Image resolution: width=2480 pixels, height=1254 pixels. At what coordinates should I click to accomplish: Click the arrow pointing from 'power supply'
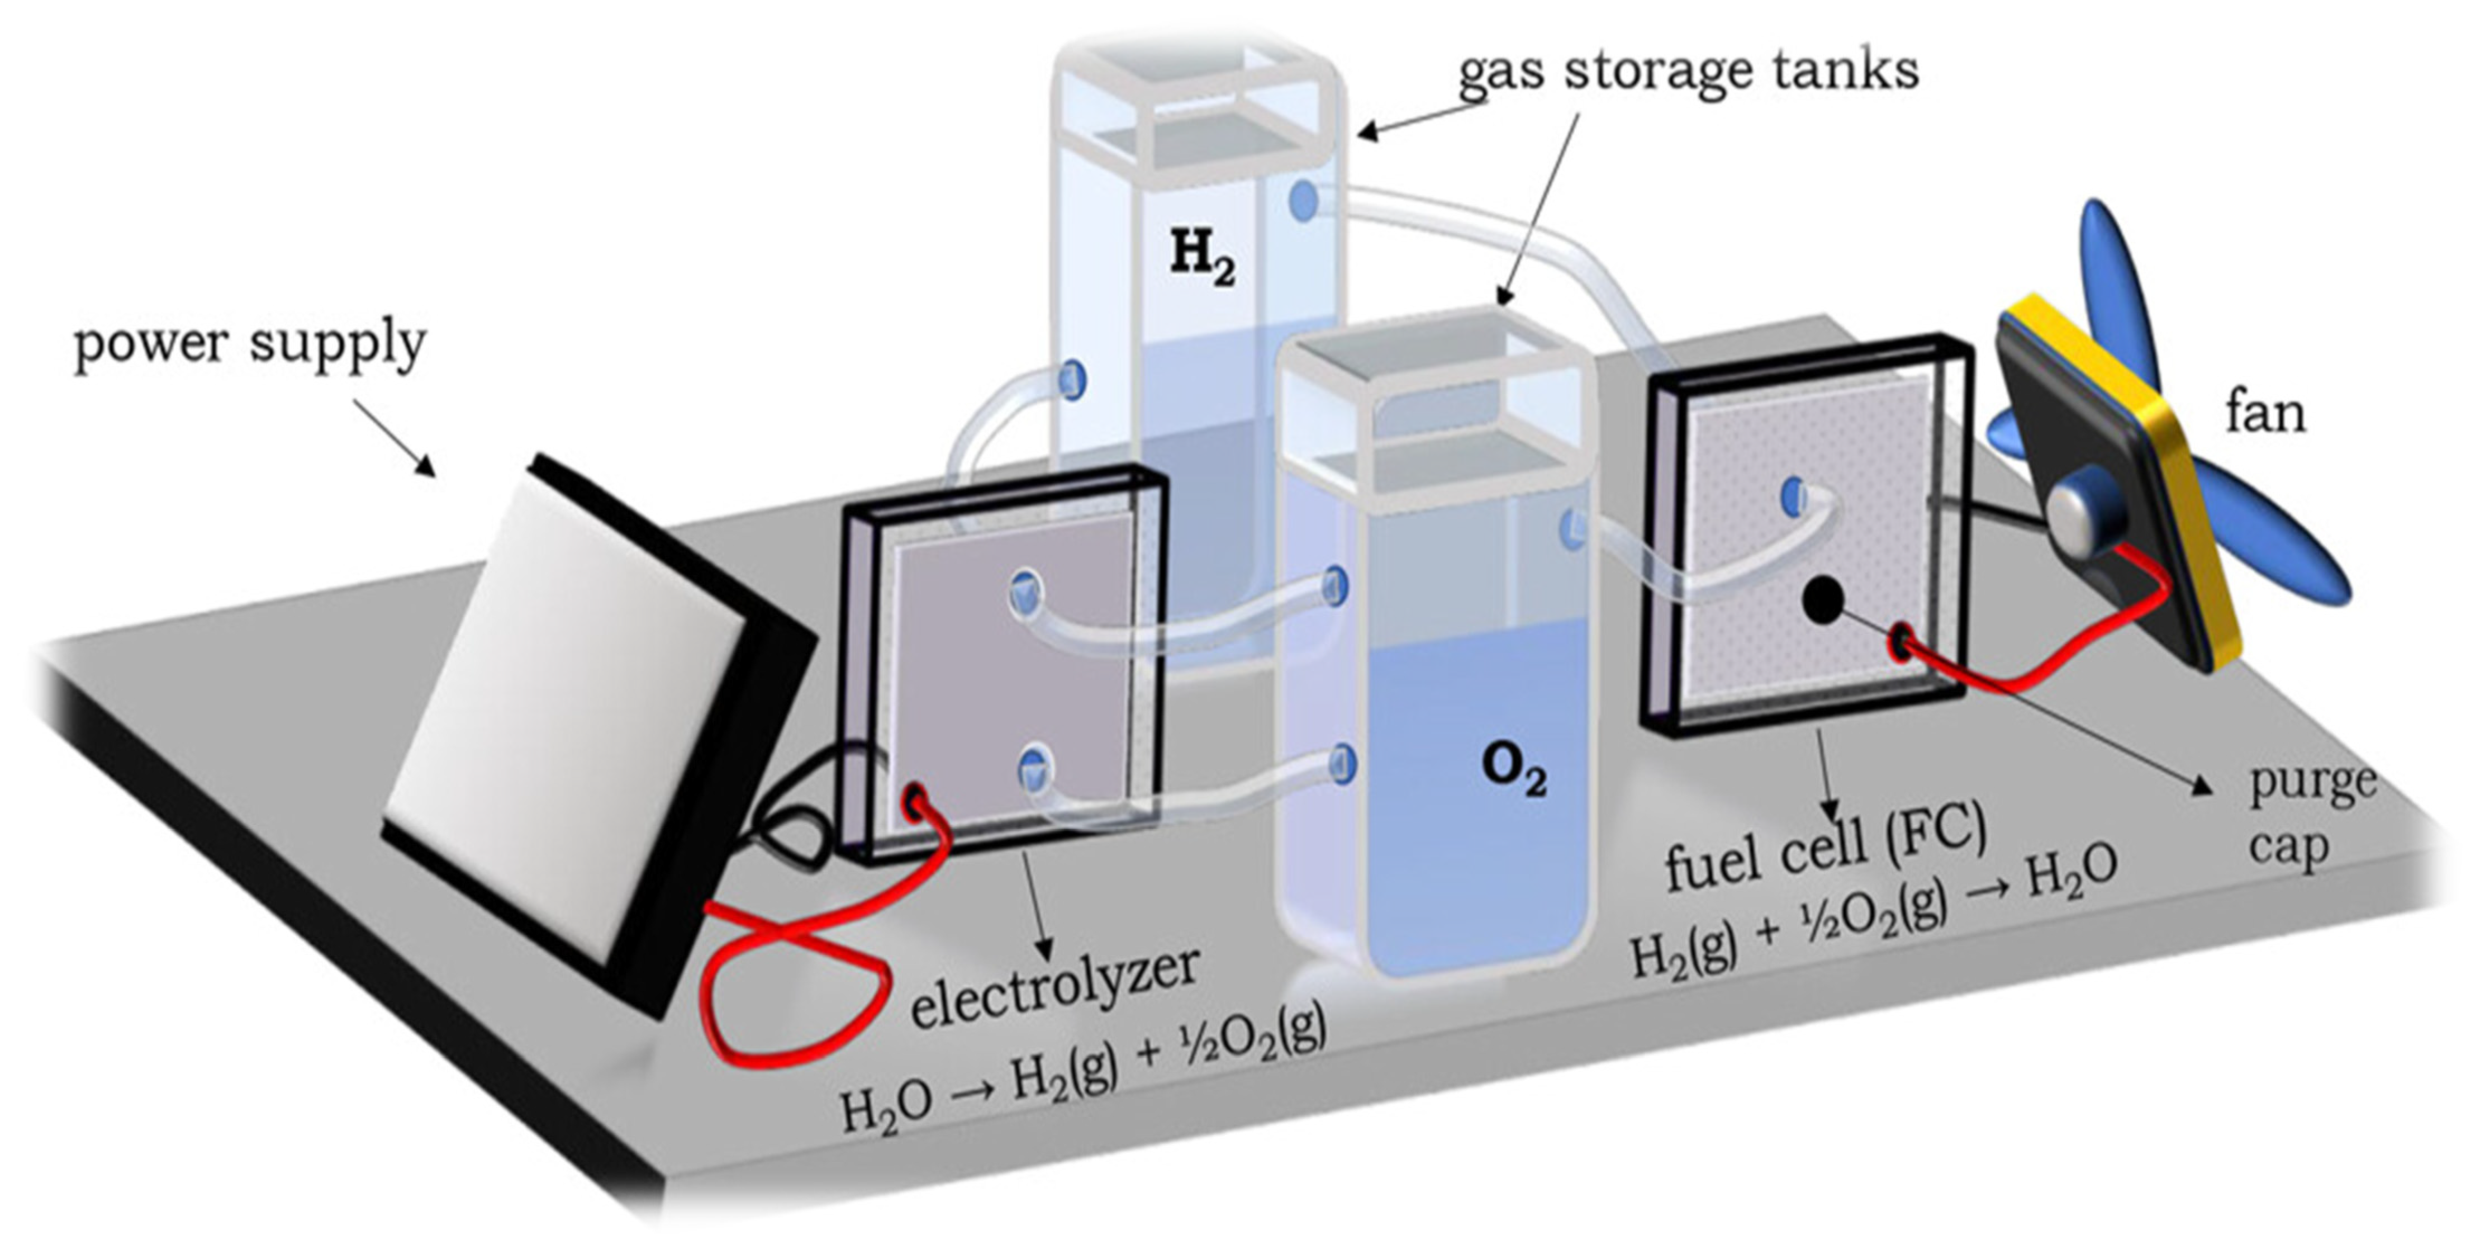tap(395, 438)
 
